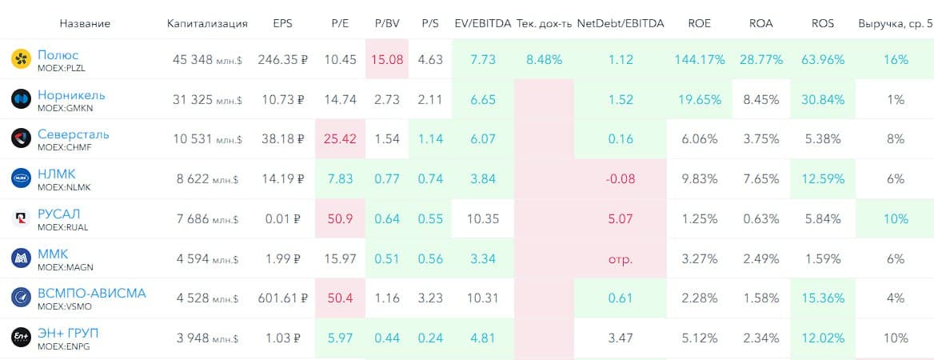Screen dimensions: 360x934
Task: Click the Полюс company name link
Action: [58, 54]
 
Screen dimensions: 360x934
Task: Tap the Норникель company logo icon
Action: [21, 99]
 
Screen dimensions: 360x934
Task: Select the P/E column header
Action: [339, 23]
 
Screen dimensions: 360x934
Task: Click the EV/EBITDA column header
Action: [482, 23]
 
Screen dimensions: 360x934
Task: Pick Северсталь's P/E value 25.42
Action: [339, 139]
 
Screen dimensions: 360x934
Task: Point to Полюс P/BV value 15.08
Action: [387, 60]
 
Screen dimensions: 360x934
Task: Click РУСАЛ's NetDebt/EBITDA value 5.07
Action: [620, 218]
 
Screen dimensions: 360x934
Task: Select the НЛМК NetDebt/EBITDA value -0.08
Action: [620, 179]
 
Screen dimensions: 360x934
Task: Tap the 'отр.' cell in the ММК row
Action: [620, 258]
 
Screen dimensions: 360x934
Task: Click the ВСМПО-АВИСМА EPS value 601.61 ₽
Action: [281, 298]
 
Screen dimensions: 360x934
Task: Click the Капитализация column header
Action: [207, 23]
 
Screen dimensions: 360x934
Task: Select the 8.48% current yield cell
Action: [544, 60]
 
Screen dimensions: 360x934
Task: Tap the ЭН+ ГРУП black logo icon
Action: [21, 338]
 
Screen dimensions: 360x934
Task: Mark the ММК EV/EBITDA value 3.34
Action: [483, 258]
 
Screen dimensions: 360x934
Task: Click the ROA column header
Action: [760, 23]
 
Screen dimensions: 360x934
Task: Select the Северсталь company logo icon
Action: [21, 138]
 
